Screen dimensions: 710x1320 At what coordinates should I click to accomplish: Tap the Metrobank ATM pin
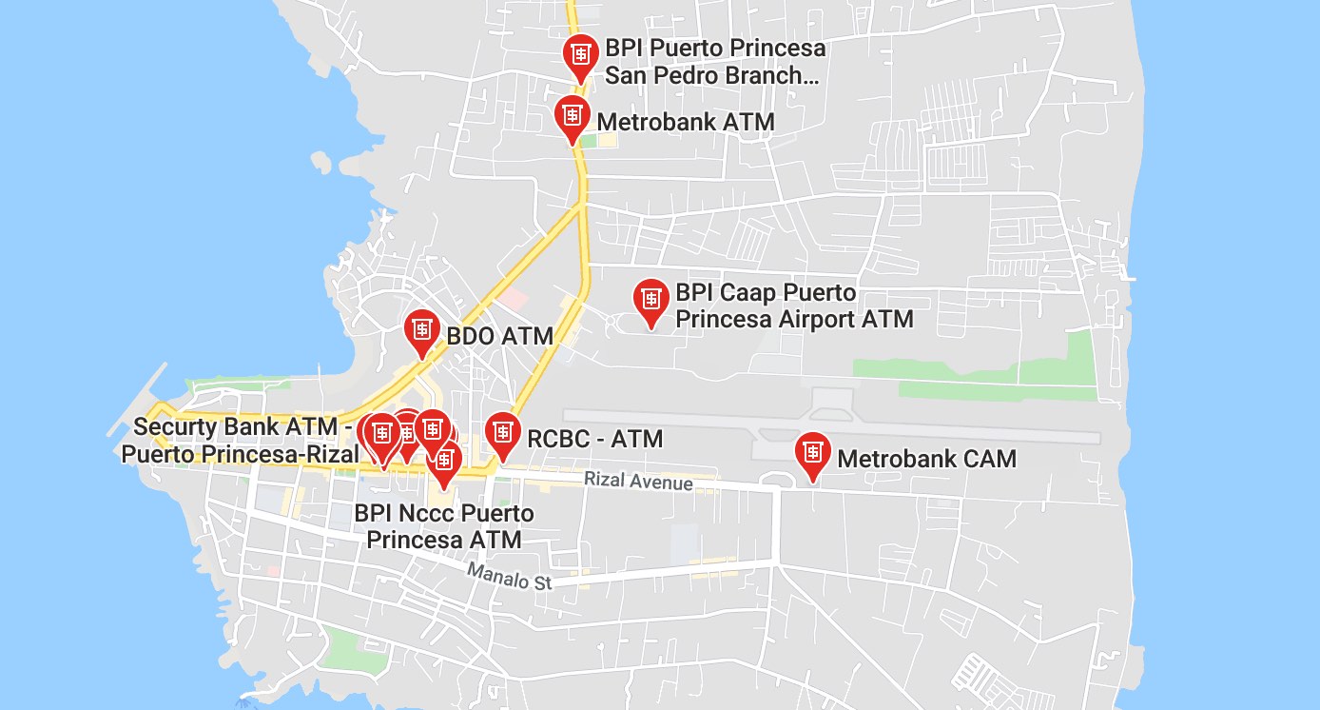(x=572, y=115)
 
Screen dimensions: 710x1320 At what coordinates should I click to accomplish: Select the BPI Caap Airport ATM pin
(x=651, y=299)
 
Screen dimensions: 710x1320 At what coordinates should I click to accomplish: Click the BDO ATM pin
(x=422, y=330)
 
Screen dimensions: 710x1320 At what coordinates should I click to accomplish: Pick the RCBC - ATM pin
(x=502, y=433)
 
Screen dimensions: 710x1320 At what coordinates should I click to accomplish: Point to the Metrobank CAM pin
(x=812, y=453)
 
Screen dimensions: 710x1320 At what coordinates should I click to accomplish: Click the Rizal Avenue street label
(x=638, y=481)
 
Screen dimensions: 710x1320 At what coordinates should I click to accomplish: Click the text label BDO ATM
(x=500, y=336)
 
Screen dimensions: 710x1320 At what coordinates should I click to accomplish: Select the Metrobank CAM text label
(x=926, y=459)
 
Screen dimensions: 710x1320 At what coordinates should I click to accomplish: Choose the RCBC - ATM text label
(x=594, y=439)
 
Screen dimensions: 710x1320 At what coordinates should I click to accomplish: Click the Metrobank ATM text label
(x=685, y=122)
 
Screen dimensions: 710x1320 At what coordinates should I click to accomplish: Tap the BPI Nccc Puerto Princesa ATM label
(x=444, y=527)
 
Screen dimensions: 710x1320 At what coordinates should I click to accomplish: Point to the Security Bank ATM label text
(x=242, y=440)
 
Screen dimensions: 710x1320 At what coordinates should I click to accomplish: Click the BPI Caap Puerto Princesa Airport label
(x=793, y=306)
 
